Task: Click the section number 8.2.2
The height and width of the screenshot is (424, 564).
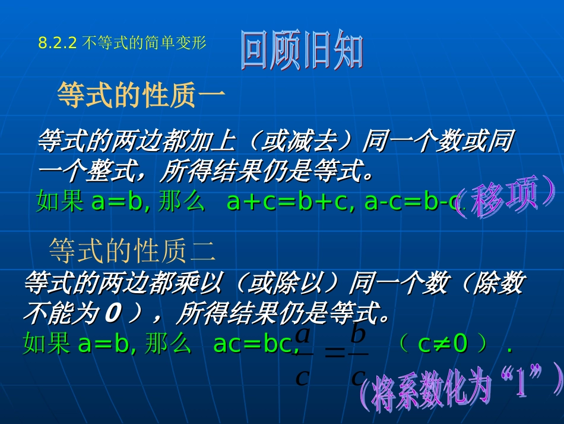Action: coord(58,43)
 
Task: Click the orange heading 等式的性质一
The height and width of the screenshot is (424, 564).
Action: coord(141,95)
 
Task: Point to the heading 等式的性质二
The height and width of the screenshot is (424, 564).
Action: coord(132,250)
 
